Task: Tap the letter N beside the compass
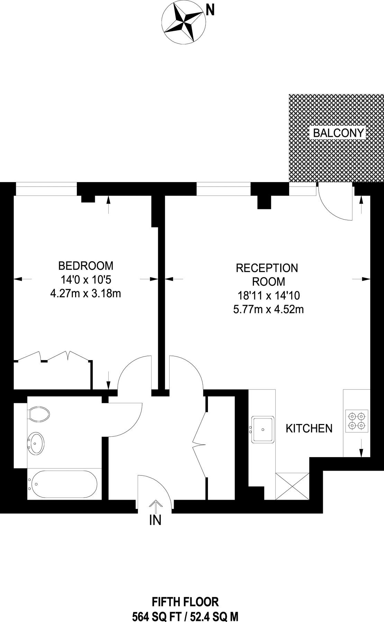(x=210, y=11)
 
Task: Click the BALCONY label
(x=338, y=133)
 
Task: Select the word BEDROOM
(x=86, y=266)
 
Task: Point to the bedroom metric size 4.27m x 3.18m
(x=86, y=294)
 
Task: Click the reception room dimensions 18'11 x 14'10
(x=268, y=296)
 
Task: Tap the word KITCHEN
(x=309, y=428)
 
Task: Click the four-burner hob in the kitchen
(x=357, y=421)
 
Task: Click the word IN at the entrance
(x=155, y=520)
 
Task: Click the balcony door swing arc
(x=334, y=207)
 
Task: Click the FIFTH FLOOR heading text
(x=185, y=602)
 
